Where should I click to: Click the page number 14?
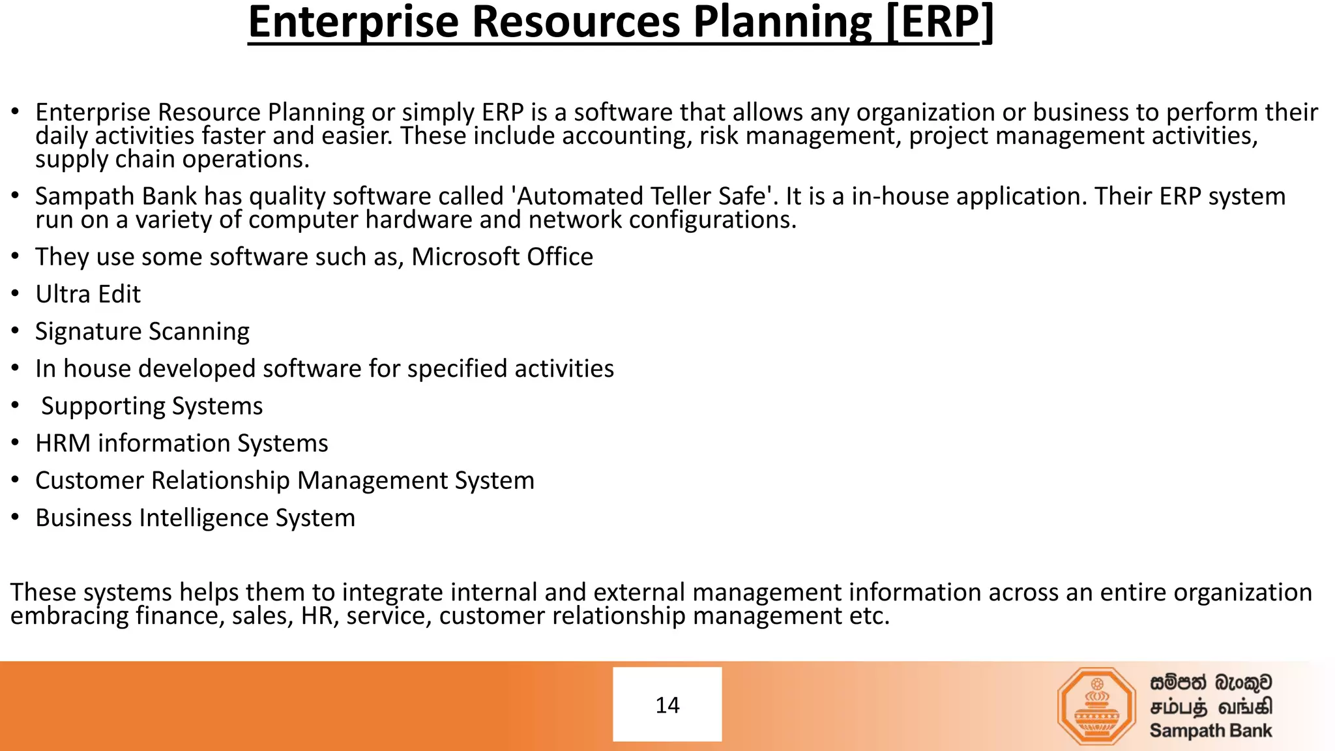[x=667, y=705]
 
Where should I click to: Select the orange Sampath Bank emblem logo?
[x=1096, y=707]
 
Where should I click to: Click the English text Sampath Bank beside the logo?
[x=1210, y=731]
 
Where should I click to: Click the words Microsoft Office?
[x=502, y=257]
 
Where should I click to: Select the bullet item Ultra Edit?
[x=88, y=295]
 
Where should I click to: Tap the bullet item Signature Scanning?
[x=142, y=332]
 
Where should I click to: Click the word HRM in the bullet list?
[x=63, y=443]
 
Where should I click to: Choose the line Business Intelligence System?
[x=195, y=518]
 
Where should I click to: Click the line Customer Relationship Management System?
[x=284, y=481]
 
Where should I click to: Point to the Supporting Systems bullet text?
[x=152, y=406]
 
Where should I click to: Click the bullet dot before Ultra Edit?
[x=16, y=295]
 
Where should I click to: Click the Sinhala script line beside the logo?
[x=1210, y=683]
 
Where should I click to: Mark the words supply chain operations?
[x=172, y=160]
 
